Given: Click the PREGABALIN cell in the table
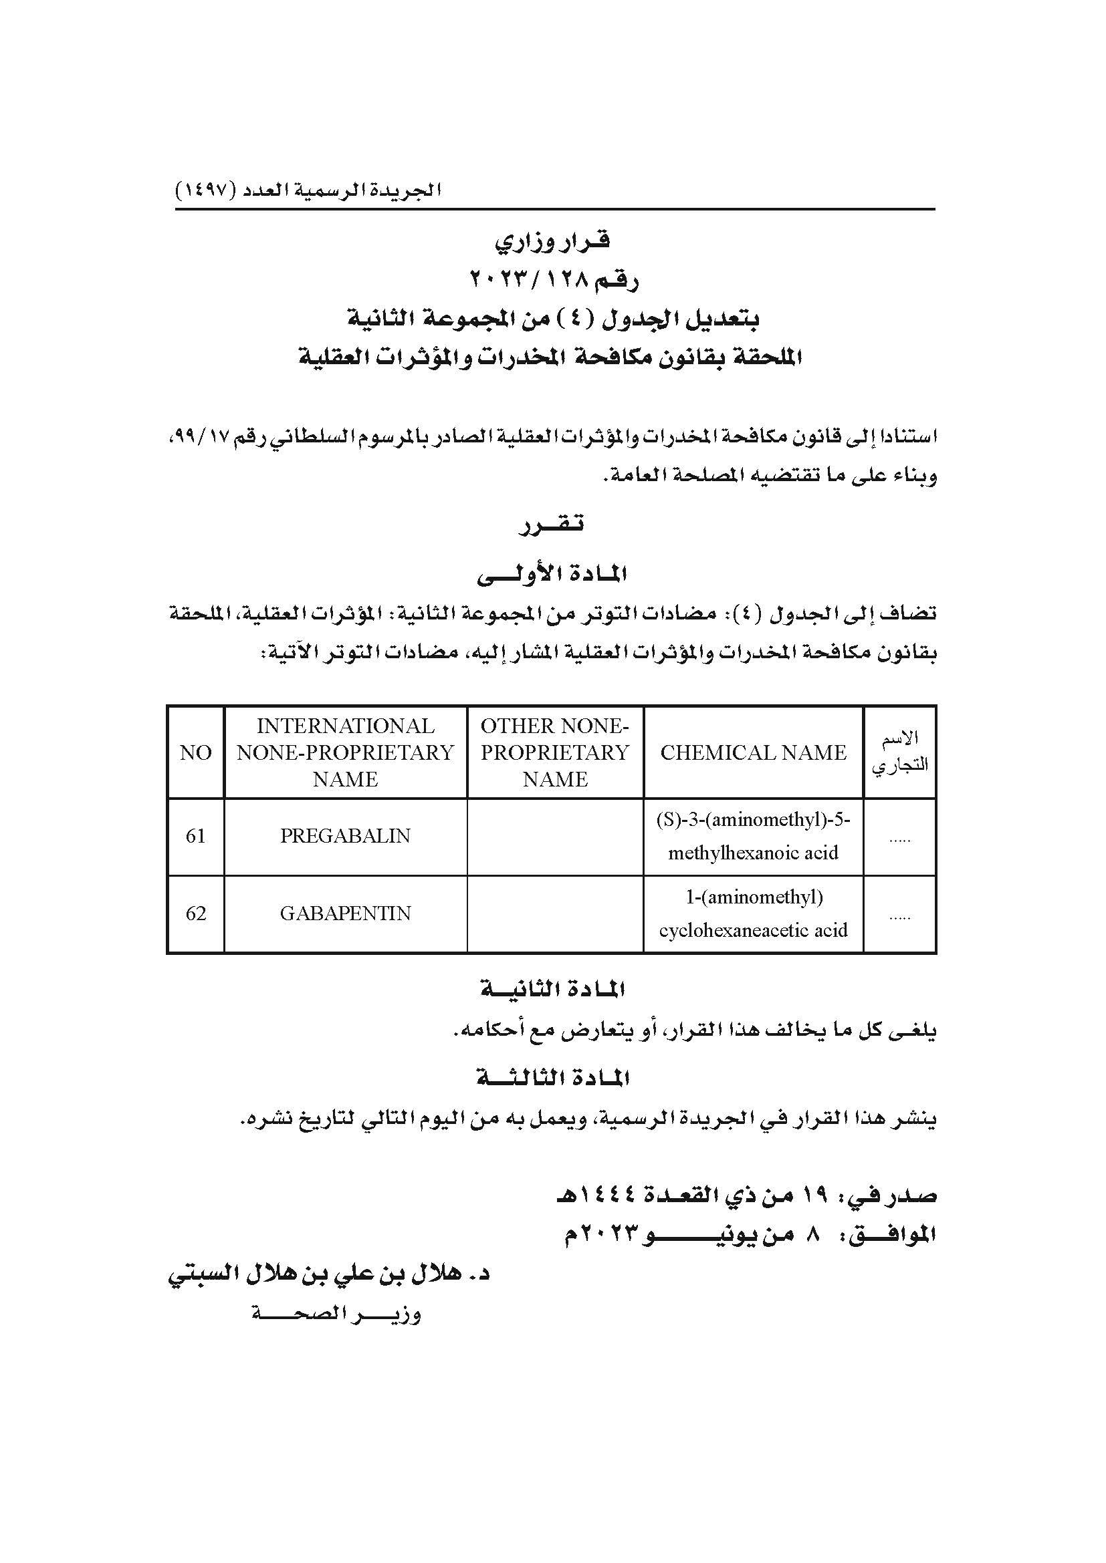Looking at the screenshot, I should pos(345,836).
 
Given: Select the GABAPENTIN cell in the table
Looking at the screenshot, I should pos(345,913).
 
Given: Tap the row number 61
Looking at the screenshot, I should pos(195,836).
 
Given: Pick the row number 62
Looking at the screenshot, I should pos(195,913).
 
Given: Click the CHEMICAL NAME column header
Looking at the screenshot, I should pos(753,752).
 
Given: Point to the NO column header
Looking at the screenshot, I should pos(195,752).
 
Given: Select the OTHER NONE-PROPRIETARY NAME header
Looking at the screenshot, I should pos(555,752).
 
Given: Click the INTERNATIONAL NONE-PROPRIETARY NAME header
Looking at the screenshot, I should pos(345,752).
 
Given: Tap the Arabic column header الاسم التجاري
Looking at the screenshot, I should pos(899,752).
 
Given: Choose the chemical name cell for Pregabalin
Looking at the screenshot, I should pos(753,836).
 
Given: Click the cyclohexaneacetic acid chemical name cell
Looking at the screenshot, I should pos(753,913).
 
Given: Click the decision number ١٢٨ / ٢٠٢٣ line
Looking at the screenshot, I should pos(554,279).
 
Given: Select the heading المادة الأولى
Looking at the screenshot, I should pos(552,575).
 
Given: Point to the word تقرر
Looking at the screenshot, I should pos(552,525).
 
